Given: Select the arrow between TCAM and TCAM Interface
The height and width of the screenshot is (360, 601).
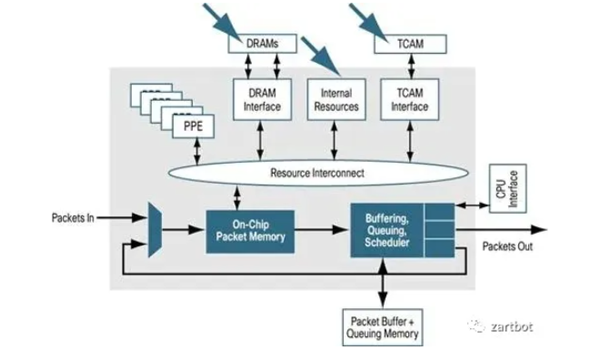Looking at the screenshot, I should click(x=409, y=65).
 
